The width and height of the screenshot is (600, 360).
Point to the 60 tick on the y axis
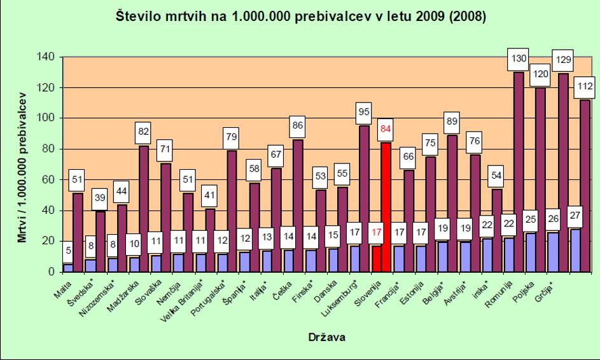tap(51, 180)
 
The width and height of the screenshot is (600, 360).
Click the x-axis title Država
tap(326, 338)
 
